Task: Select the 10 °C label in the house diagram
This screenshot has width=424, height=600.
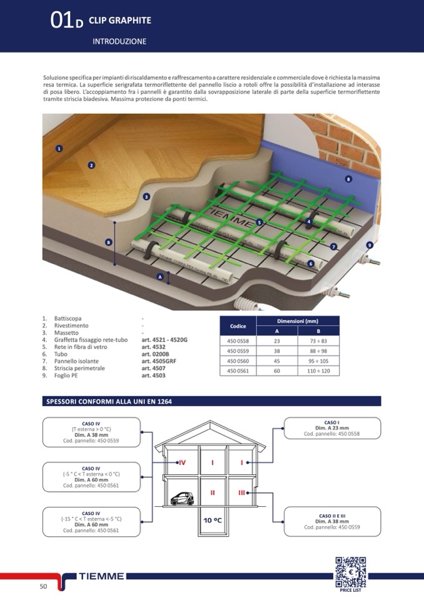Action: point(213,520)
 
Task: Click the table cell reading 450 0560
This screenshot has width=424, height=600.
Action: point(238,360)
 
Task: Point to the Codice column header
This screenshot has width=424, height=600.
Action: point(238,326)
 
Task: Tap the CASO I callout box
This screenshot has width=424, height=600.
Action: point(332,429)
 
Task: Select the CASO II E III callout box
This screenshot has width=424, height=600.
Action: point(332,521)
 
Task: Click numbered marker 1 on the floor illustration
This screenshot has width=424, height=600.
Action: point(59,149)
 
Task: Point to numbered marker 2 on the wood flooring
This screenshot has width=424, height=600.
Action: point(91,165)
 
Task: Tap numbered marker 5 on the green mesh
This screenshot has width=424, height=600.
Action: point(258,222)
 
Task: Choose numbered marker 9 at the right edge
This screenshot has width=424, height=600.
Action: point(370,245)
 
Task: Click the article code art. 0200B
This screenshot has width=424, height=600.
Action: point(156,353)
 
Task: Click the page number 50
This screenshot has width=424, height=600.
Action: point(43,586)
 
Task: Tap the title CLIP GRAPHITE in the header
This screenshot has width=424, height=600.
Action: point(120,21)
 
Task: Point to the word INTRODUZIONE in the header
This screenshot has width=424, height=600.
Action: point(119,41)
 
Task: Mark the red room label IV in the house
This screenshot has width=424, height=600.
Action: point(182,462)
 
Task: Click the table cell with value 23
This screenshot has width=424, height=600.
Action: point(276,341)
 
